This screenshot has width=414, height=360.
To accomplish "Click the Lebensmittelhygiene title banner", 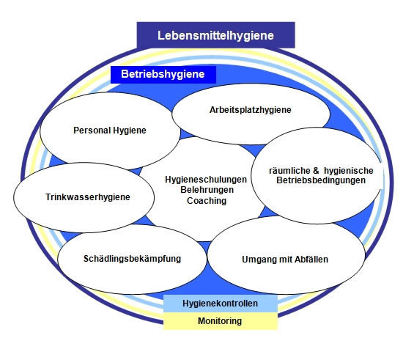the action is pos(215,35).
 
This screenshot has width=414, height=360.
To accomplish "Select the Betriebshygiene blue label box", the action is pos(163,75).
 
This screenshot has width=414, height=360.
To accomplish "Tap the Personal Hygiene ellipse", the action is pos(110,131).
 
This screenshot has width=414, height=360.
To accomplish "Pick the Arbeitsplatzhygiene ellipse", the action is pos(251,114).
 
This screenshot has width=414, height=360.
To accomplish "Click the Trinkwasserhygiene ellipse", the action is pos(84,197).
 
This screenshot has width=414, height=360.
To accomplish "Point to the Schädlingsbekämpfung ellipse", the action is pos(132,259).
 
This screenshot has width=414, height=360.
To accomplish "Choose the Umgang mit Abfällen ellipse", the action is pos(287,255).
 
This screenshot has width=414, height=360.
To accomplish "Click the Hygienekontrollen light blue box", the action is pos(221,304).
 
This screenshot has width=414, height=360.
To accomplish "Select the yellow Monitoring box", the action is pos(221,321).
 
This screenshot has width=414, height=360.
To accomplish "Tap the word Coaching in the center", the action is pos(207,201).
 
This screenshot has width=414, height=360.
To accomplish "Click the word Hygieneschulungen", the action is pos(206,180).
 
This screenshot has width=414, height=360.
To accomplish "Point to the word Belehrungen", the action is pos(207,190).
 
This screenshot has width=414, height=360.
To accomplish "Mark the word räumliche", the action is pos(289,171).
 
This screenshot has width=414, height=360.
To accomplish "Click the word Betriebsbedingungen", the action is pos(321,180).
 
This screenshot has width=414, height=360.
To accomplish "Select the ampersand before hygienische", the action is pos(316,171).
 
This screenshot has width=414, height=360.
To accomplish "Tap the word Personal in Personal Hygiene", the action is pos(92,131).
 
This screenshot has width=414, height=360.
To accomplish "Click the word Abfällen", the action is pos(311,259).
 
